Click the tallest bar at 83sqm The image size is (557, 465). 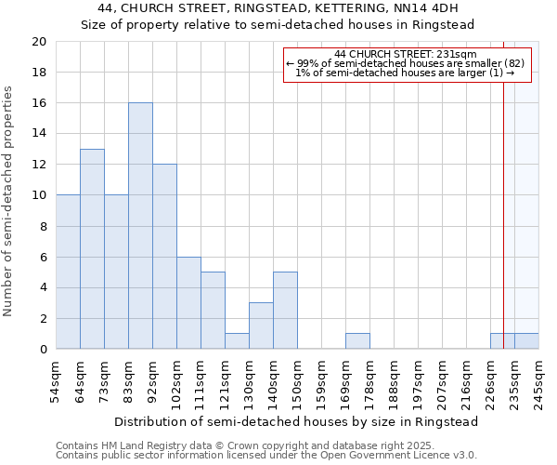tap(140, 226)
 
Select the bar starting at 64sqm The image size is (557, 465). tap(92, 249)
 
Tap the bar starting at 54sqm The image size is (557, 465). tap(68, 272)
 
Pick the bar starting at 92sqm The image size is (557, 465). tap(164, 257)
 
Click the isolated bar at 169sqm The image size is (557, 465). tap(357, 341)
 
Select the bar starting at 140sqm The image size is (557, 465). tap(285, 311)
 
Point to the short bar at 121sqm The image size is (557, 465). tap(237, 341)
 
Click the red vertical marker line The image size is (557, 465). tap(503, 205)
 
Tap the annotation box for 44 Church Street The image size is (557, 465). tap(408, 64)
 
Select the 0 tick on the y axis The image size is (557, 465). tap(43, 349)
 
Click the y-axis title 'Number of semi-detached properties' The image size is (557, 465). tap(9, 201)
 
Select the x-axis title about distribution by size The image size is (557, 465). tap(296, 421)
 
